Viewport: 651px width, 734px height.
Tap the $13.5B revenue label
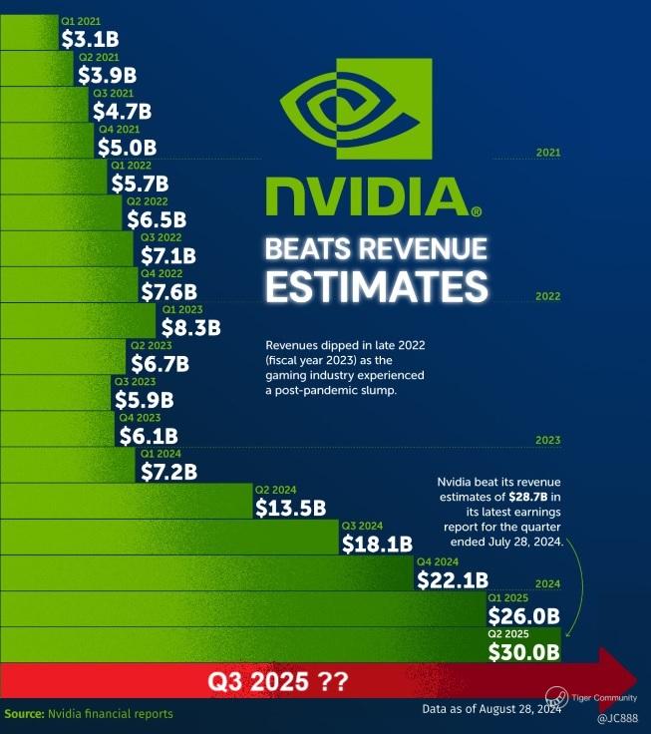click(290, 508)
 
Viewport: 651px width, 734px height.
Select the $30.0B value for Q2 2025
click(523, 651)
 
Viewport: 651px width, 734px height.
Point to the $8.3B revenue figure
click(190, 326)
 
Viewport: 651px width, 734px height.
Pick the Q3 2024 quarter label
click(362, 526)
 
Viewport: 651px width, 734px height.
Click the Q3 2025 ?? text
click(277, 683)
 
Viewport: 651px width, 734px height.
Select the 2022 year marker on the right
click(547, 296)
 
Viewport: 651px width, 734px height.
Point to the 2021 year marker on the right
click(547, 153)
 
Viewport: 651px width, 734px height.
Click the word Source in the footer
click(22, 714)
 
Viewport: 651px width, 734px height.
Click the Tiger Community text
click(606, 698)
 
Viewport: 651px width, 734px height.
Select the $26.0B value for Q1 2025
click(523, 615)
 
